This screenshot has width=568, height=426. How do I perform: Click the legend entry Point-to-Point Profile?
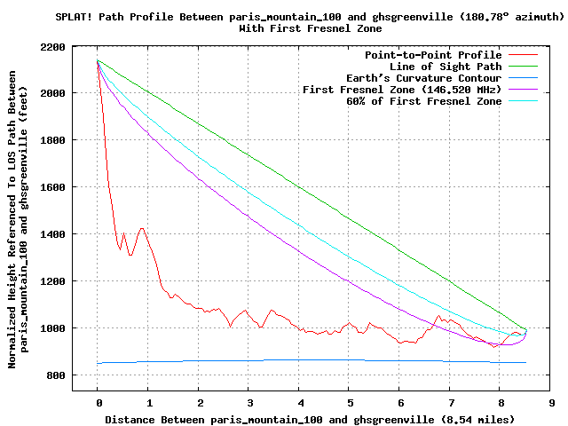coord(433,55)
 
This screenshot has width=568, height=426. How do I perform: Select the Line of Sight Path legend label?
coord(446,67)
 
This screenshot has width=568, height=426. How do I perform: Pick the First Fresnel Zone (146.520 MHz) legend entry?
coord(402,90)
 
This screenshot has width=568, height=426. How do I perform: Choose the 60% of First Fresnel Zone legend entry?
coord(423,101)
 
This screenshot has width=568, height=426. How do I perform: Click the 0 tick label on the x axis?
coord(99,402)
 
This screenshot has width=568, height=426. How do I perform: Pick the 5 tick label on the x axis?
coord(350,402)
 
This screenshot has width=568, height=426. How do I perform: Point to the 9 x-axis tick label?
coord(551,402)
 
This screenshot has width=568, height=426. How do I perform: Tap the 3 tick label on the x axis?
coord(249,402)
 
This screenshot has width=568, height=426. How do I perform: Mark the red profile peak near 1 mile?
coord(142,229)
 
